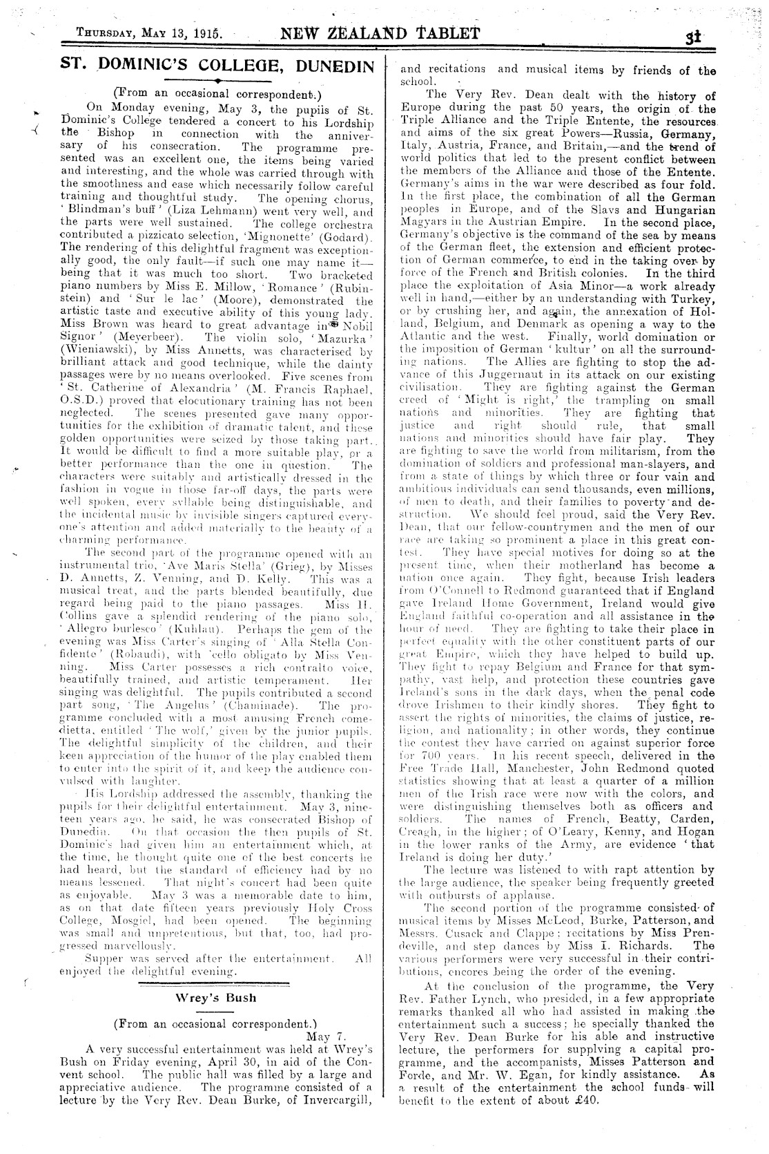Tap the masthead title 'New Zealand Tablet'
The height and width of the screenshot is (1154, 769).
pos(379,33)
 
